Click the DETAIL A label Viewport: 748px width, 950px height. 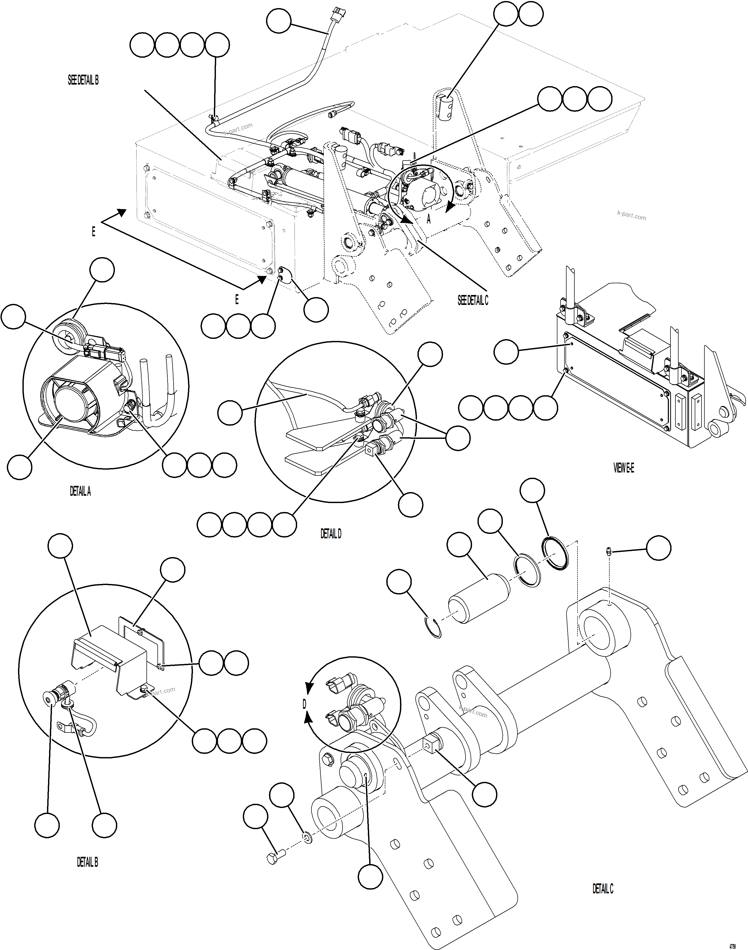tap(80, 492)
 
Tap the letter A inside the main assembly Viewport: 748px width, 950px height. tap(429, 219)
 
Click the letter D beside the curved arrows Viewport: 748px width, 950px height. tap(304, 704)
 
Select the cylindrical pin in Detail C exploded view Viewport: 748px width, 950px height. tap(479, 598)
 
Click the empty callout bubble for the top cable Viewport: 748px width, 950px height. tap(279, 21)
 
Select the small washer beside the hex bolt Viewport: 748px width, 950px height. tap(308, 838)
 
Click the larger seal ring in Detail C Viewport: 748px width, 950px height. tap(556, 553)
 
